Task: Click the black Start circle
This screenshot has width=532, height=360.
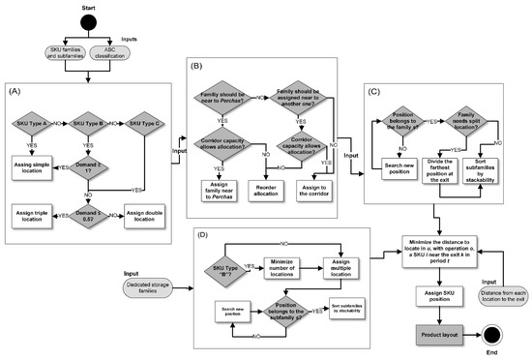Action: pos(89,22)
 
